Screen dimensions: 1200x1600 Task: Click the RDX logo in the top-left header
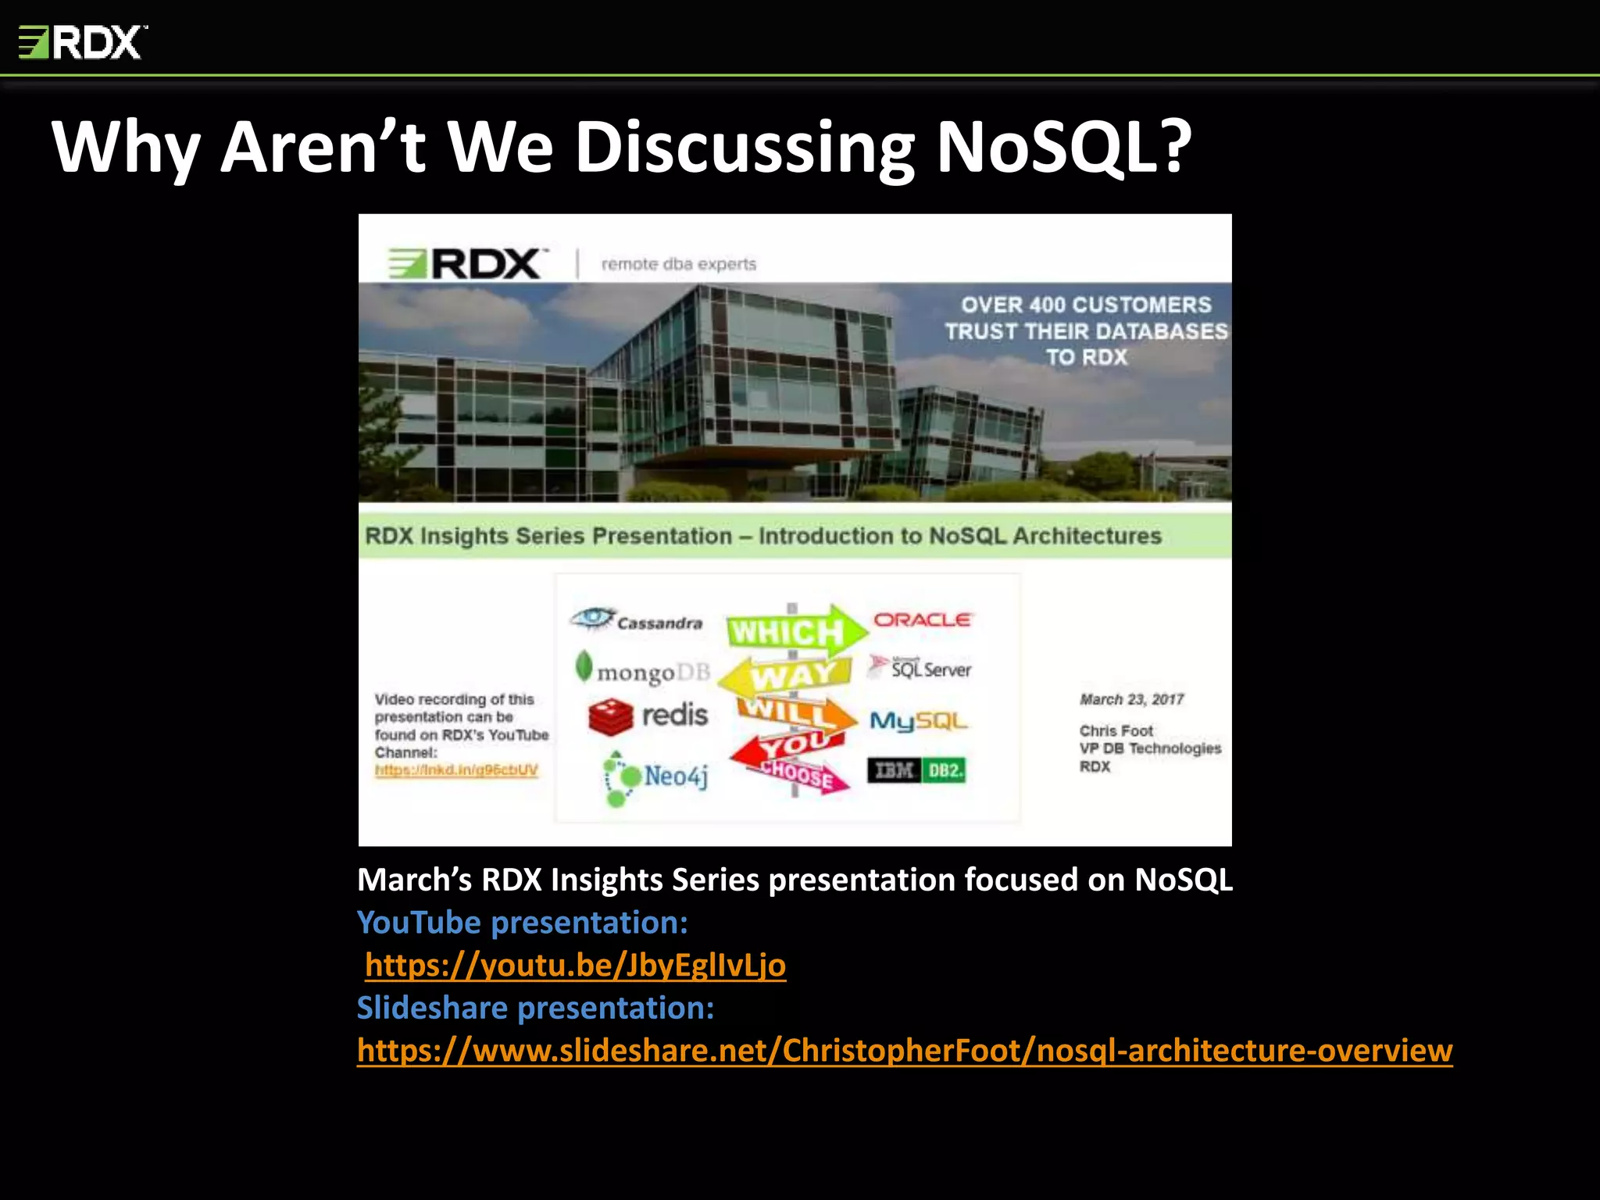click(x=82, y=42)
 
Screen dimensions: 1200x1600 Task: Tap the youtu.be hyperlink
click(x=575, y=965)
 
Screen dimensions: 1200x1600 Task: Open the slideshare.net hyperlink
click(x=905, y=1051)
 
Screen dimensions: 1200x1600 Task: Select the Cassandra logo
click(x=637, y=620)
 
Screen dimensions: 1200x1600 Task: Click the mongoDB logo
click(x=642, y=670)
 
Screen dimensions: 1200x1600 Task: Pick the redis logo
click(x=648, y=716)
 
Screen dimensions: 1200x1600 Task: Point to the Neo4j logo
click(x=656, y=777)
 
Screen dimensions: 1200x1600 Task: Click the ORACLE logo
click(x=922, y=620)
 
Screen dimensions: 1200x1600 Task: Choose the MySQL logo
click(x=919, y=720)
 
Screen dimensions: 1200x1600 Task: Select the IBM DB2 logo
click(x=916, y=771)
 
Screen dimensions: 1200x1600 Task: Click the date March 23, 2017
click(x=1131, y=699)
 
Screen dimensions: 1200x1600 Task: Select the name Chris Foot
click(x=1116, y=730)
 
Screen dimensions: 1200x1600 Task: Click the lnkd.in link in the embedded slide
click(x=456, y=770)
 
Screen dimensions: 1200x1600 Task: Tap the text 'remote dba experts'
click(x=678, y=264)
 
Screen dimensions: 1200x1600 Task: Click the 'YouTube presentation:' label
click(x=522, y=923)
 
